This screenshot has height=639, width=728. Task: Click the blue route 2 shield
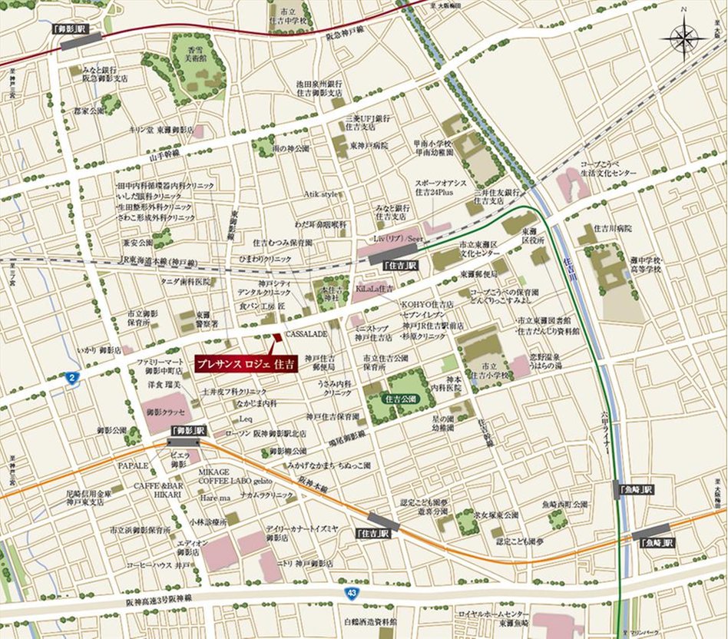pos(71,376)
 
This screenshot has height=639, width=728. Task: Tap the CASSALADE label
pos(306,335)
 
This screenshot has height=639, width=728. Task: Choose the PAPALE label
pos(132,465)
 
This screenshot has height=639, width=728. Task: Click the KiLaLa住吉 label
pos(375,288)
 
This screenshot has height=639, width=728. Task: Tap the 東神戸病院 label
pos(369,145)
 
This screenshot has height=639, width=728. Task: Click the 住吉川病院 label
pos(613,228)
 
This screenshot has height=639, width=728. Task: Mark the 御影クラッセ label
pos(167,412)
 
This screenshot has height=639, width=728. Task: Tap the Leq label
pos(246,419)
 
